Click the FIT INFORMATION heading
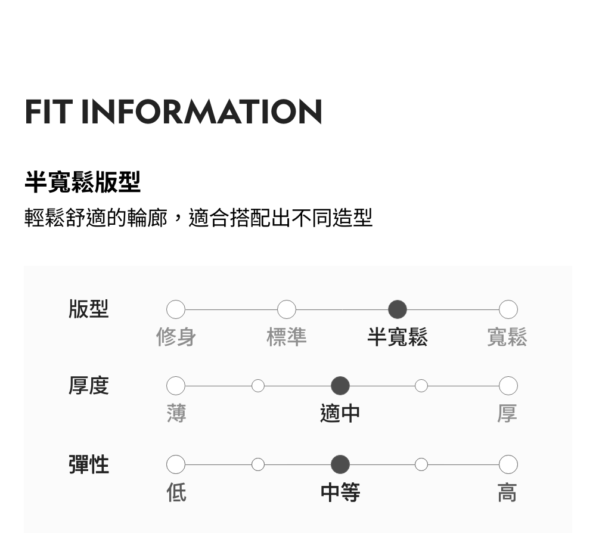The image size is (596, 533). point(173,111)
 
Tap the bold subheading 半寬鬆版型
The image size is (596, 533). point(82,182)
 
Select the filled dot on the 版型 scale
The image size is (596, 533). point(398,309)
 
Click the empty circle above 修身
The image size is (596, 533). point(176,309)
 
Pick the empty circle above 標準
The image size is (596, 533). point(287,309)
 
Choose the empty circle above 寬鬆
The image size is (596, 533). point(508,309)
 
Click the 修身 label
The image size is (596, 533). point(176,337)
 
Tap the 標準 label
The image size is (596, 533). point(287,337)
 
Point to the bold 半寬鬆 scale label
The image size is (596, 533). point(398,337)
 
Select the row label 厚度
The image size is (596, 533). point(89,386)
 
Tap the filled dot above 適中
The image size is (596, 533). point(340,386)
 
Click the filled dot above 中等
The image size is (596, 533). point(340,464)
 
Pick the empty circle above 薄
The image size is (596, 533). point(176,386)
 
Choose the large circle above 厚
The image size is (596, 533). point(508,386)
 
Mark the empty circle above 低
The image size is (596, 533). point(176,464)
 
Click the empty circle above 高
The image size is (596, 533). point(508,464)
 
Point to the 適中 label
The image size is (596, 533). point(340,413)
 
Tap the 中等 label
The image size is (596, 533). point(340,492)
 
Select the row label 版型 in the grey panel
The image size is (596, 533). point(89,309)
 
